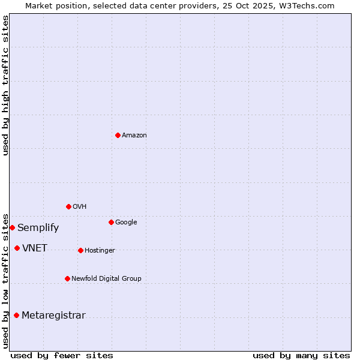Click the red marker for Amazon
tap(118, 135)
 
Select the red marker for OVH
tap(68, 206)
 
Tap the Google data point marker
tap(111, 222)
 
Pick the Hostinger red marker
tap(80, 250)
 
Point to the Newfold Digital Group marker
tap(67, 278)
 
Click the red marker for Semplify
tap(12, 227)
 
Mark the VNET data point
tap(17, 248)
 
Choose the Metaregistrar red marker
tap(16, 315)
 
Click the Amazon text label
tap(134, 136)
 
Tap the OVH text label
tap(80, 207)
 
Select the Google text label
tap(126, 223)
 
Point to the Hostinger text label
tap(100, 251)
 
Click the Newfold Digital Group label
tap(106, 279)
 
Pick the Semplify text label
tap(38, 228)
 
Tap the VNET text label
tap(35, 248)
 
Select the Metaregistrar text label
tap(53, 316)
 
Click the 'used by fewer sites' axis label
tap(62, 355)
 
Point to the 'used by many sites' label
tap(301, 355)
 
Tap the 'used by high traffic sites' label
tap(5, 85)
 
